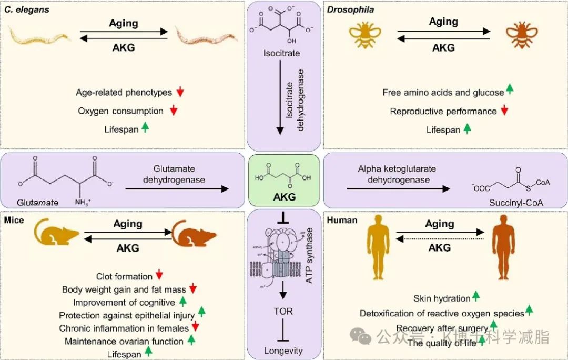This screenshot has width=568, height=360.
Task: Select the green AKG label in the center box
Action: (x=284, y=197)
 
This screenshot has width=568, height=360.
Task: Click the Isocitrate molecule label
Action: (x=282, y=53)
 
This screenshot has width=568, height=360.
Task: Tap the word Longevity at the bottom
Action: (x=284, y=351)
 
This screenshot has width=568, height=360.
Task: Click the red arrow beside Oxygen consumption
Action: (x=174, y=111)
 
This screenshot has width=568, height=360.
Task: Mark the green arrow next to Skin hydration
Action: (x=476, y=297)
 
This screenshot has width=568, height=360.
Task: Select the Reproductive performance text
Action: (x=443, y=111)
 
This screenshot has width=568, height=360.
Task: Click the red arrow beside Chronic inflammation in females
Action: (x=196, y=327)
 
